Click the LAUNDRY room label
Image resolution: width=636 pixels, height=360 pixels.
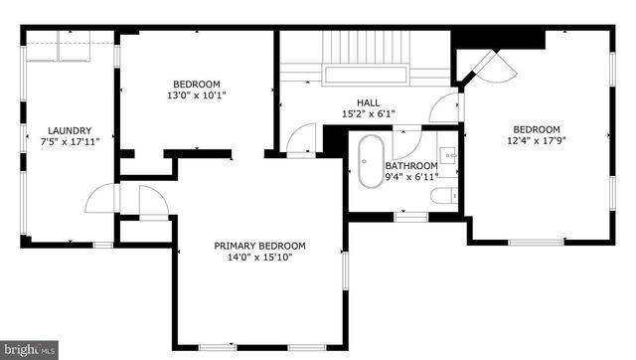[70, 130]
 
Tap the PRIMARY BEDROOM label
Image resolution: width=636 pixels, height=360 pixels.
[259, 246]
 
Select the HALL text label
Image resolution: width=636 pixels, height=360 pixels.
[369, 102]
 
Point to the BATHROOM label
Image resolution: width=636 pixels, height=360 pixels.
[411, 166]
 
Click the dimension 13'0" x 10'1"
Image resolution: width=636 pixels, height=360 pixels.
[197, 96]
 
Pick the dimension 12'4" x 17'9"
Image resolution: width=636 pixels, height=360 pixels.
[537, 140]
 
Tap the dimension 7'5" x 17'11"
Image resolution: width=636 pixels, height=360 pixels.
[70, 141]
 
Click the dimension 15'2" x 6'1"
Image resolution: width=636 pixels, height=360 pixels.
[369, 113]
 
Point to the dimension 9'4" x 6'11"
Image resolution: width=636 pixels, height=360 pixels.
[411, 177]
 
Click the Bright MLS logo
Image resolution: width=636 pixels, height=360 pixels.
[29, 350]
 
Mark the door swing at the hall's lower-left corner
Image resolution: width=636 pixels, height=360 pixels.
[299, 140]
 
